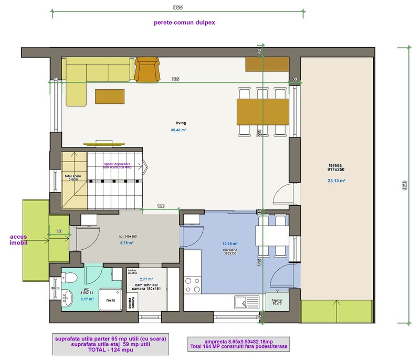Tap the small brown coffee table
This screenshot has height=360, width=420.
click(110, 96)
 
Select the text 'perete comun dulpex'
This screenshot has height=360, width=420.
click(184, 23)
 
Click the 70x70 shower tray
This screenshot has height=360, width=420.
click(110, 300)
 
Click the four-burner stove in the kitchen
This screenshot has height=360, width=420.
click(192, 284)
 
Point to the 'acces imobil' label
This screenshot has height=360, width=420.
click(18, 240)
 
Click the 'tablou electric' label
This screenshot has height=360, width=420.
click(132, 272)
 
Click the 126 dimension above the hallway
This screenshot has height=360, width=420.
click(161, 206)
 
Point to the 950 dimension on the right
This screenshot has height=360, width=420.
click(404, 186)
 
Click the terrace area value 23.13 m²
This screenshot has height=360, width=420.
click(335, 181)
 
